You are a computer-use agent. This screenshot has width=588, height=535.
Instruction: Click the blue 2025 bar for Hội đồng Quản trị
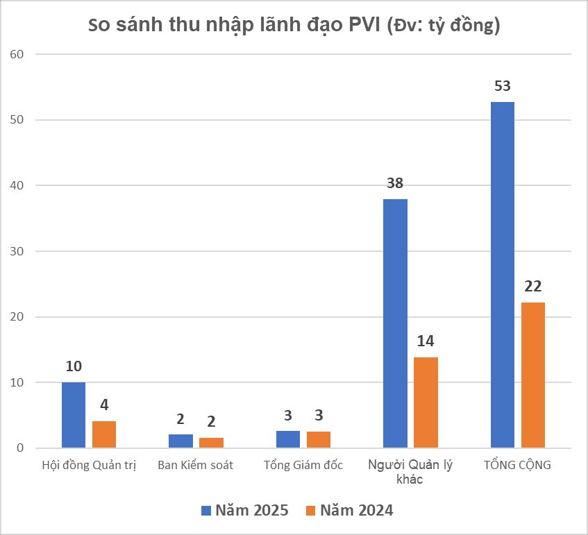(x=74, y=415)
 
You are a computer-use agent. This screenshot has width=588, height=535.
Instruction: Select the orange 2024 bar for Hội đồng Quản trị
(x=104, y=434)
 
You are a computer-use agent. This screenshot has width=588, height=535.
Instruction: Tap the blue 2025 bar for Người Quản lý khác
(x=395, y=323)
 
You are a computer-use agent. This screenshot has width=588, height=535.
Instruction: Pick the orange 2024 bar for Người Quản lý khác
(x=426, y=402)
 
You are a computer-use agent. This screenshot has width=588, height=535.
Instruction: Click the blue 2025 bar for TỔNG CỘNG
(x=503, y=275)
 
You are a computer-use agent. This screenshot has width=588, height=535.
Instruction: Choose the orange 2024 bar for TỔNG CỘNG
(x=533, y=375)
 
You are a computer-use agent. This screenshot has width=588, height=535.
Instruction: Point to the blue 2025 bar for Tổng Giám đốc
(x=288, y=440)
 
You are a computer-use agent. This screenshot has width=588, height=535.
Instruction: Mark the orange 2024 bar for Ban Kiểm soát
(x=211, y=443)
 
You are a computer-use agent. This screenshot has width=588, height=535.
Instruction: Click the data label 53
(x=503, y=87)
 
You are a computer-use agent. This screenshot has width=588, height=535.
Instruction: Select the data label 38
(x=395, y=184)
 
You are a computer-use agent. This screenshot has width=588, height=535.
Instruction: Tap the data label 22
(x=533, y=287)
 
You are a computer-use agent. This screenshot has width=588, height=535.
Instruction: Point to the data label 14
(x=426, y=341)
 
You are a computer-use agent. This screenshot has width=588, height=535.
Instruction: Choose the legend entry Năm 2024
(x=348, y=511)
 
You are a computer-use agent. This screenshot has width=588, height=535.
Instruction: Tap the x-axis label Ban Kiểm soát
(x=196, y=465)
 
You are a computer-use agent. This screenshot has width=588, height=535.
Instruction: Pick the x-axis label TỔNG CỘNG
(x=517, y=465)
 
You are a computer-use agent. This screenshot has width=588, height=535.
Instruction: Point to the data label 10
(x=74, y=366)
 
